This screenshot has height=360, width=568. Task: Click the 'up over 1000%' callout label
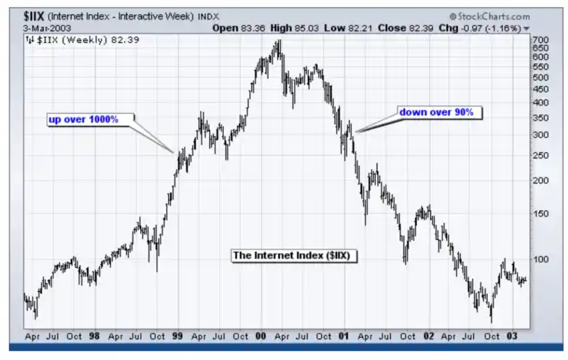(x=83, y=119)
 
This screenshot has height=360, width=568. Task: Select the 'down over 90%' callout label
(x=436, y=112)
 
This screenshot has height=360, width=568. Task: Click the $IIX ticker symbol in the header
(x=35, y=17)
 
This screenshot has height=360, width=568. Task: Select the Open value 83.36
(x=254, y=28)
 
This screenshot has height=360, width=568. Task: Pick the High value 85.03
(x=308, y=28)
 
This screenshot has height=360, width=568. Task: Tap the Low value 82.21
(x=358, y=28)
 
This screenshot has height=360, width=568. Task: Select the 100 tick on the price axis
(x=540, y=259)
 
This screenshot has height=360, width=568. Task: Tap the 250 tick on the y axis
(x=540, y=156)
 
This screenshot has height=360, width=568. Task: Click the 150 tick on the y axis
(x=540, y=214)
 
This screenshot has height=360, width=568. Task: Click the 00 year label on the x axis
(x=260, y=336)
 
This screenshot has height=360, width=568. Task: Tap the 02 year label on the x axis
(x=429, y=336)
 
